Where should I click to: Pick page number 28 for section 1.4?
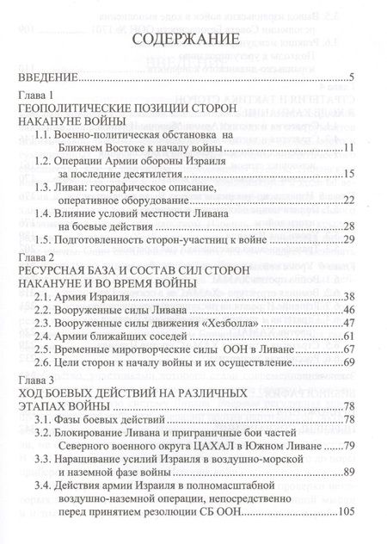[348, 226]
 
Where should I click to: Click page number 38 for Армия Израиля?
[348, 296]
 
